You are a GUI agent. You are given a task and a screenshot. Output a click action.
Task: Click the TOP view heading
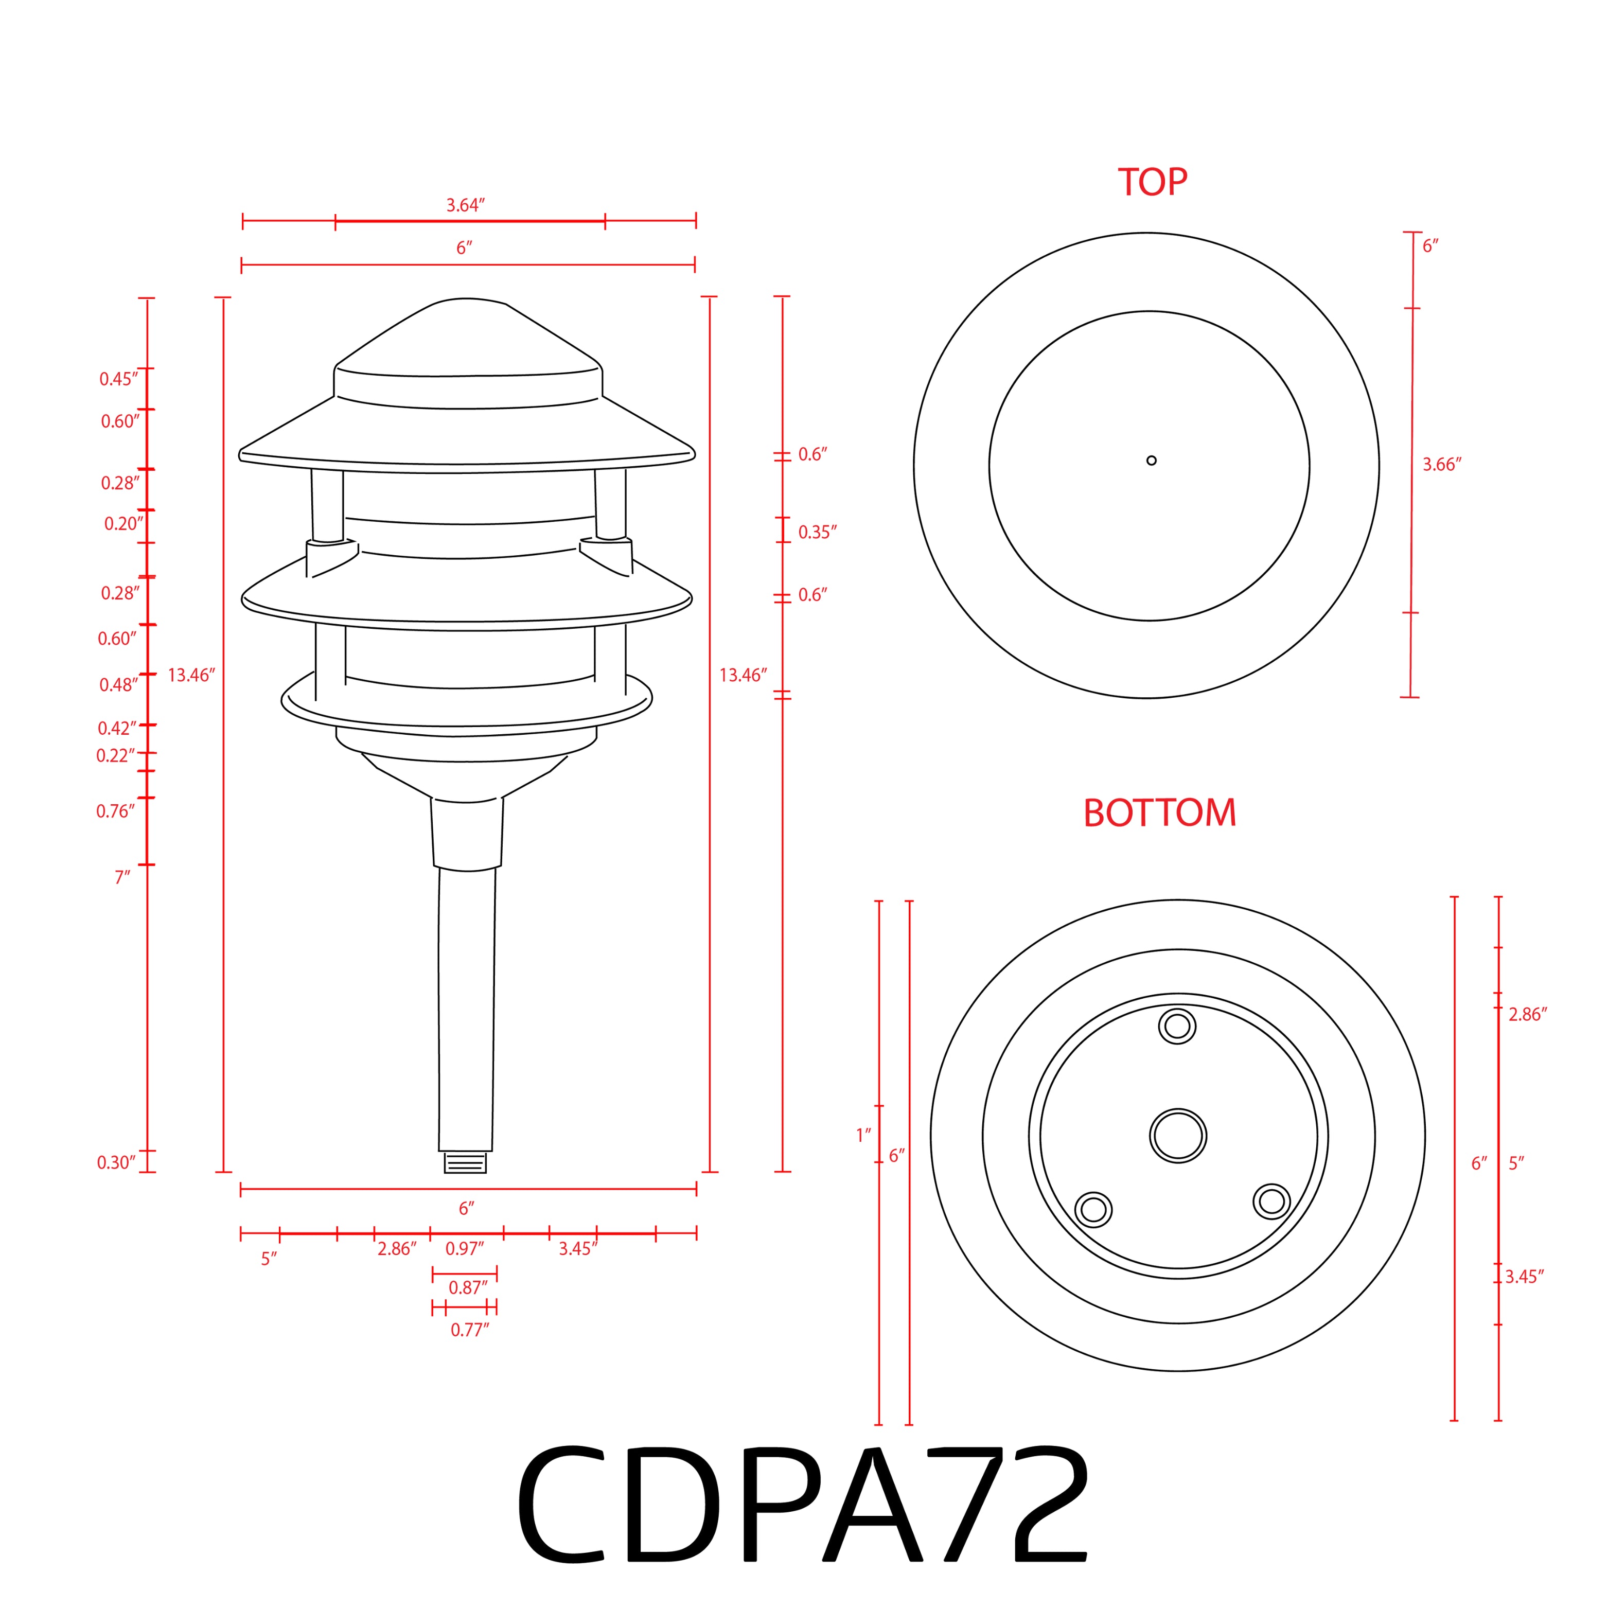(1152, 182)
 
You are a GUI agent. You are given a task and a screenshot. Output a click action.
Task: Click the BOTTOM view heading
(1159, 813)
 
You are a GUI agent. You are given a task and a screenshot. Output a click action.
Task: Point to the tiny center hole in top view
(1151, 460)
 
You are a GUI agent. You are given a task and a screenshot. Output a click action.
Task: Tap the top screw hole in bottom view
(1177, 1026)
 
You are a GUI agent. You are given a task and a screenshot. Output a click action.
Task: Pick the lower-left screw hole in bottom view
(1093, 1209)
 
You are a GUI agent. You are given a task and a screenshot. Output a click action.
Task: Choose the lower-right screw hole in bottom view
(1271, 1201)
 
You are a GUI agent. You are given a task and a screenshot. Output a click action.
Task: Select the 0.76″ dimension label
(115, 811)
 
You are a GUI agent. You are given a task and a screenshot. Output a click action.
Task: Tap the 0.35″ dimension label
(817, 533)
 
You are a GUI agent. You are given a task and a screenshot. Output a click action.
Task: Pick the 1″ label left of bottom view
(863, 1135)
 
